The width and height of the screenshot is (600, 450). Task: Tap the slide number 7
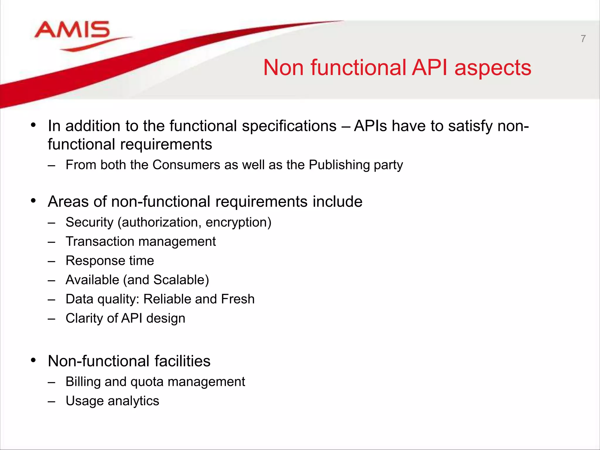(583, 39)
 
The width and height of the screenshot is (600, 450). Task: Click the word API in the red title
(429, 68)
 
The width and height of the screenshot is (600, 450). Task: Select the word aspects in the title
(493, 68)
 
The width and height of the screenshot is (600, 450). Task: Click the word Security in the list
(89, 222)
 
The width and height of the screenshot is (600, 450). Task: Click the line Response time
(110, 261)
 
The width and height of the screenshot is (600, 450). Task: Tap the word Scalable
(181, 280)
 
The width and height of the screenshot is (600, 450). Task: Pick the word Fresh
(238, 299)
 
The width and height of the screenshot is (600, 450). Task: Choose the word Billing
(83, 382)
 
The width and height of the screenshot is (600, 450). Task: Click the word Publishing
(339, 165)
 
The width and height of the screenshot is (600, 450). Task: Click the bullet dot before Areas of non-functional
(33, 201)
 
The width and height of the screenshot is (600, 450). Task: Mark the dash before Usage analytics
(52, 401)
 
